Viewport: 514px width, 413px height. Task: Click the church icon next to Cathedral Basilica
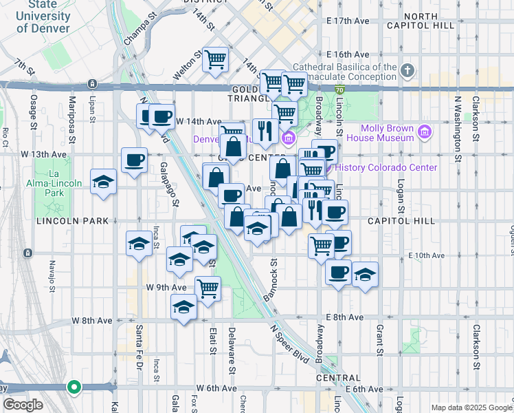[407, 71]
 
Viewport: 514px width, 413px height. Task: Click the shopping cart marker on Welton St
[216, 61]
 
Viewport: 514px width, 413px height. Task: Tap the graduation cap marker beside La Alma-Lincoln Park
[103, 182]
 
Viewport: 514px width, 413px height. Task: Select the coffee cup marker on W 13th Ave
[134, 161]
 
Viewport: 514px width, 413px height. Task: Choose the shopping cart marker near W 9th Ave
[208, 289]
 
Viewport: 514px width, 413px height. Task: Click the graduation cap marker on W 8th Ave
[183, 308]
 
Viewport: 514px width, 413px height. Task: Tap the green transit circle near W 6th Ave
[74, 388]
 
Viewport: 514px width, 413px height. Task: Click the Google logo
[23, 405]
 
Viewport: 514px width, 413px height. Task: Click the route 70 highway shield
[339, 89]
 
